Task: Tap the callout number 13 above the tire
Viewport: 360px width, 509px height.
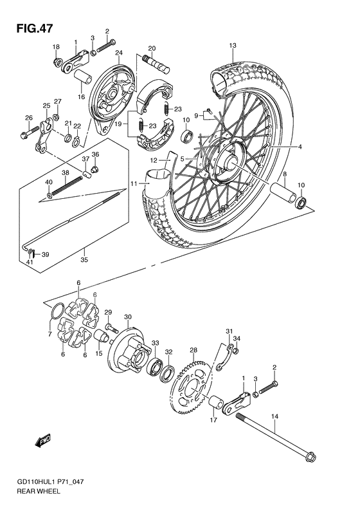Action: click(x=233, y=45)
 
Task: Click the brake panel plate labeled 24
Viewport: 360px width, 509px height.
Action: click(x=104, y=96)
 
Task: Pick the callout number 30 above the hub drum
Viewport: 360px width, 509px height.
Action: click(x=128, y=317)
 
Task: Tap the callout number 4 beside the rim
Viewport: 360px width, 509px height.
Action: click(x=299, y=147)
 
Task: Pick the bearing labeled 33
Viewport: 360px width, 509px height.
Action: click(x=155, y=367)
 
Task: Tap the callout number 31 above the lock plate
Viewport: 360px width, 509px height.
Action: click(x=228, y=331)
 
